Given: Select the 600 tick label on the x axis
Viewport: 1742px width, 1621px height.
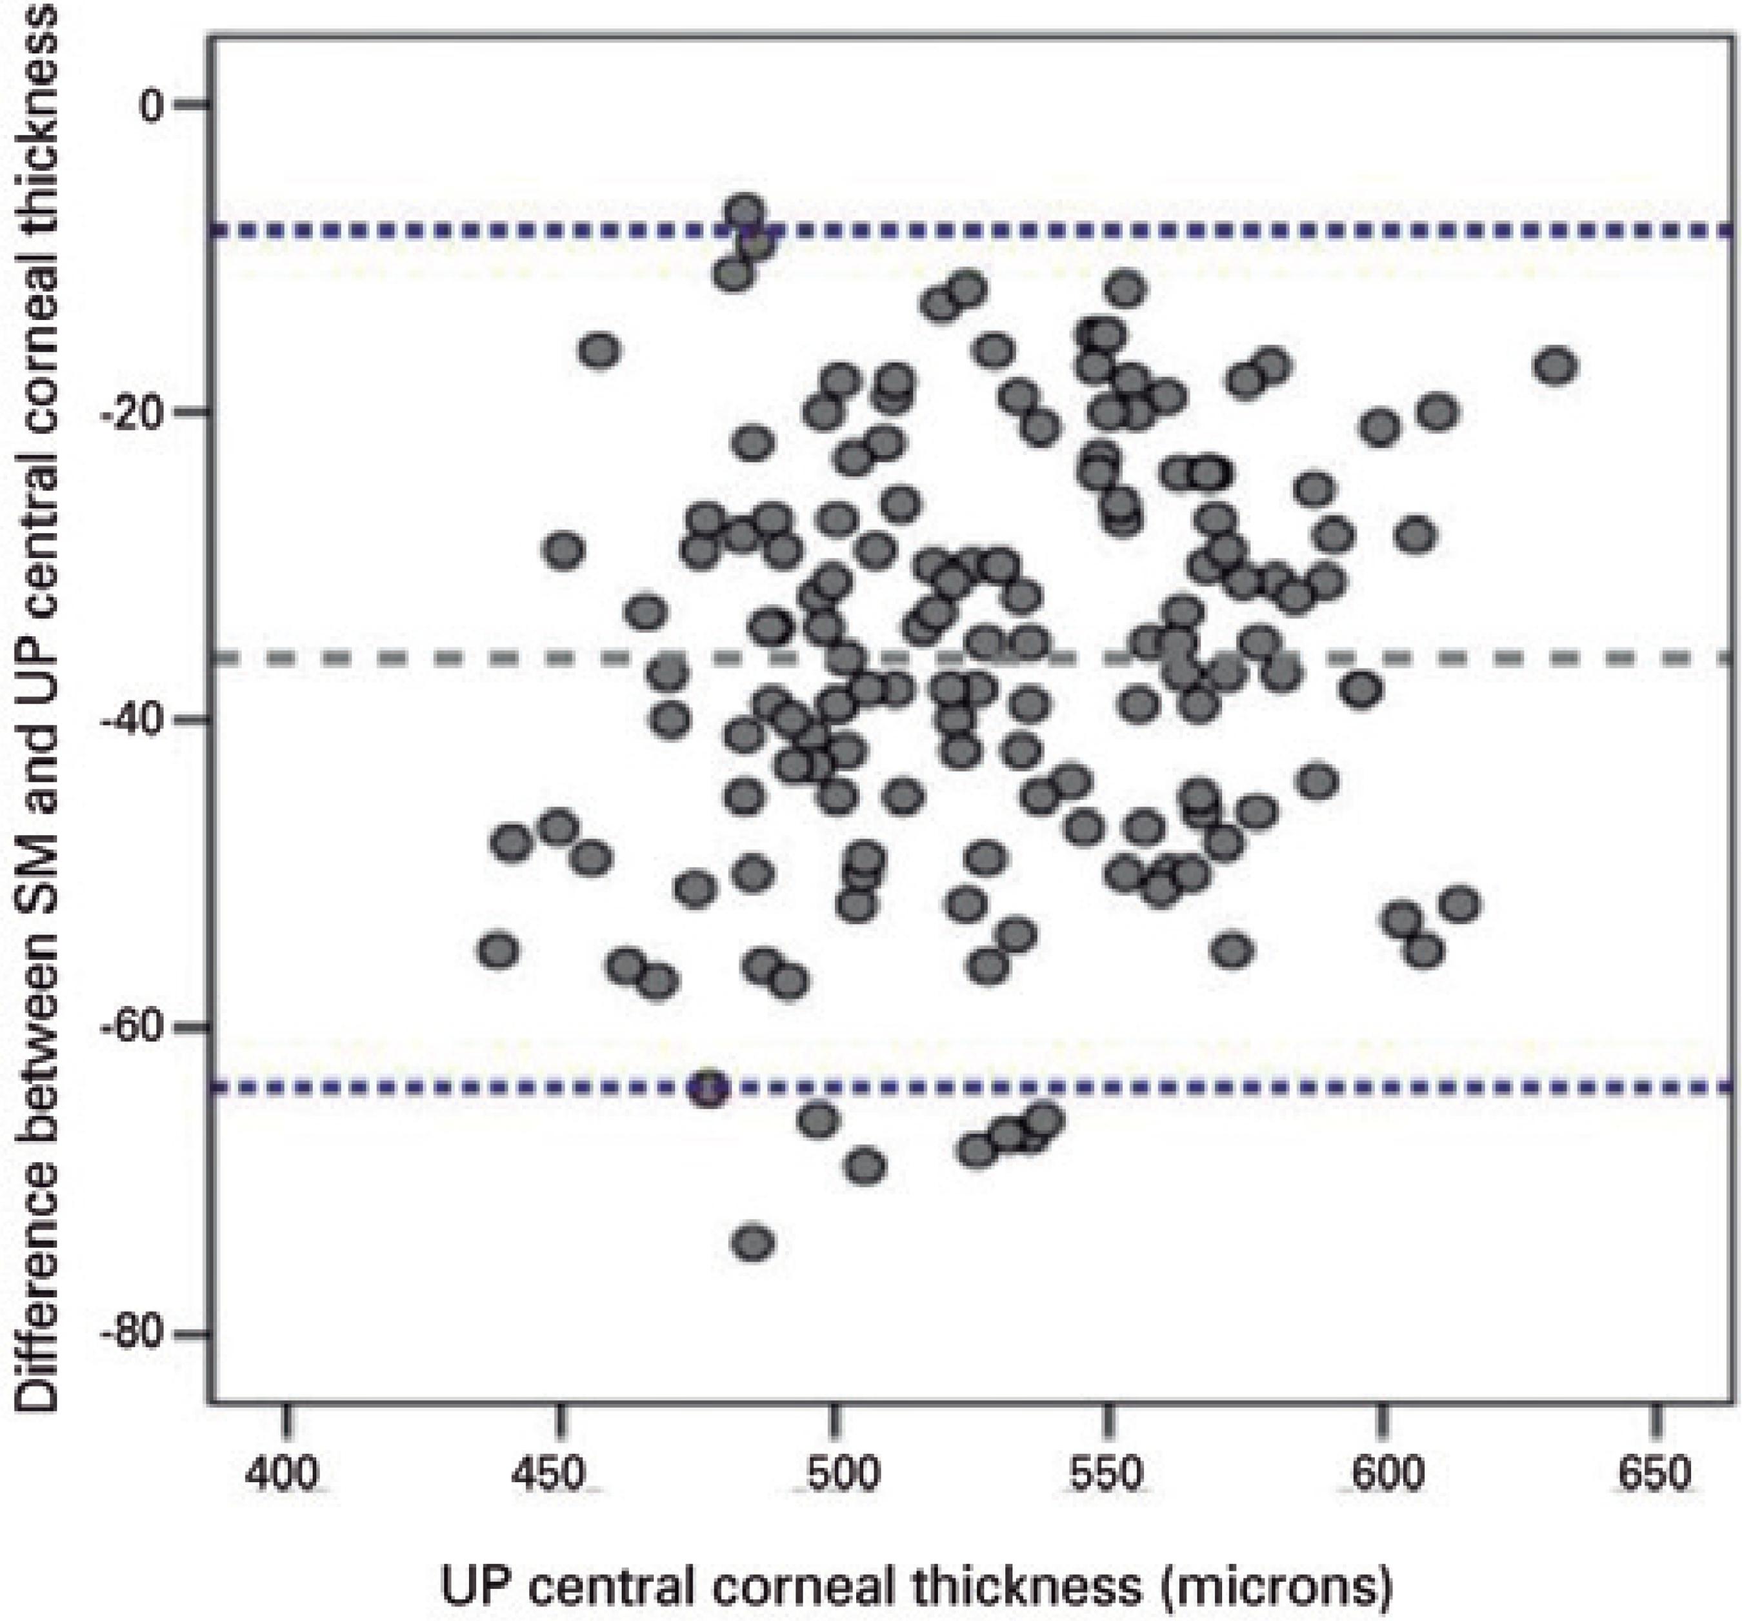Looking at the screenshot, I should tap(1382, 1475).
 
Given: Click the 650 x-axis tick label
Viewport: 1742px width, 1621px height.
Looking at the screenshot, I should tap(1656, 1475).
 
